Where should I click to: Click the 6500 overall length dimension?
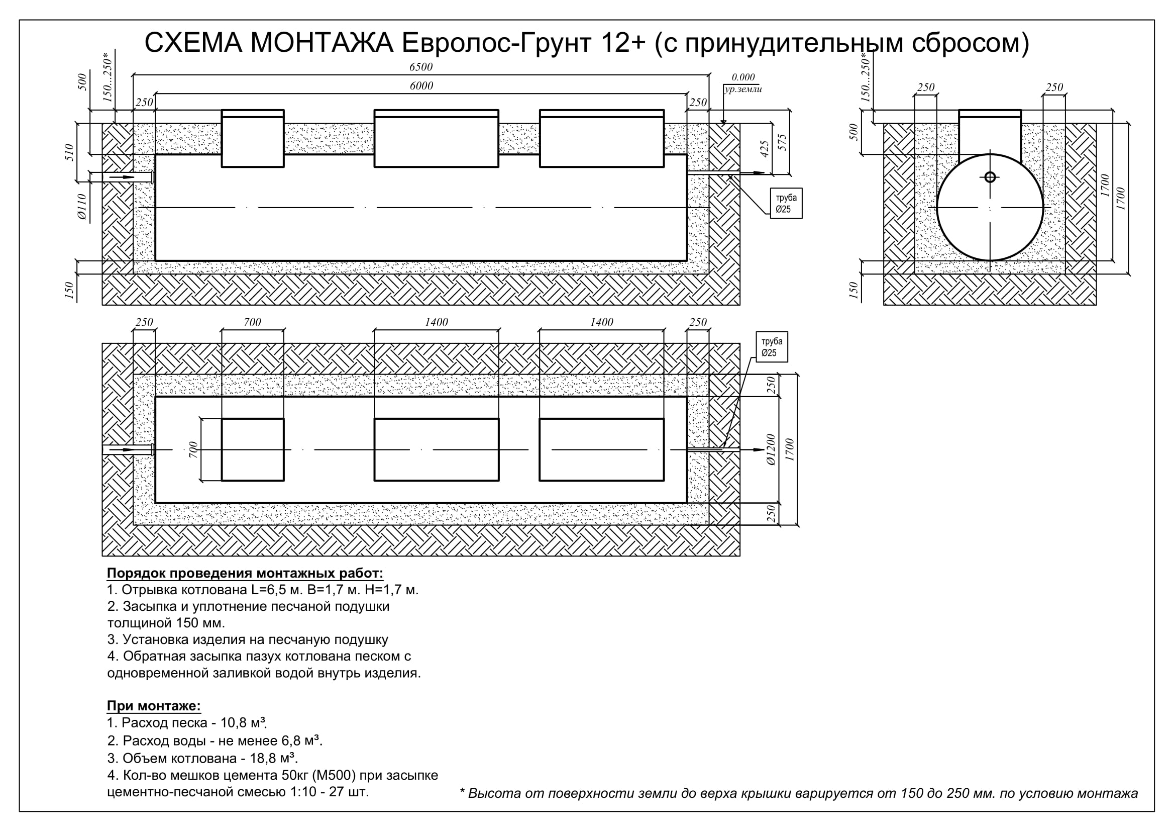[420, 67]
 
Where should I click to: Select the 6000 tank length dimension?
[421, 86]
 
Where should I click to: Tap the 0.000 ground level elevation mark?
[743, 77]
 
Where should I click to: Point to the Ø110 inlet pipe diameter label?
[82, 207]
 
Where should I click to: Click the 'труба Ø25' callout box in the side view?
[786, 204]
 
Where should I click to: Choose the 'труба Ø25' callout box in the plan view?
[772, 347]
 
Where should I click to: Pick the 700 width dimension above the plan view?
[252, 322]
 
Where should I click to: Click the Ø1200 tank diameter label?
[771, 449]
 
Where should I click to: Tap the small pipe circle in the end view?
[990, 177]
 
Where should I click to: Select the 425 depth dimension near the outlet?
[765, 149]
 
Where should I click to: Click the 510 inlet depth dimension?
[70, 153]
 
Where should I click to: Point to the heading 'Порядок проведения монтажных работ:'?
[245, 573]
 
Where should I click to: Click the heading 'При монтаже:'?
[154, 705]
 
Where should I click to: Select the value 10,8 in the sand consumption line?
[235, 722]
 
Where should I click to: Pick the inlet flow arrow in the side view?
[122, 177]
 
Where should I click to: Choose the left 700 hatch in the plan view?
[253, 449]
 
